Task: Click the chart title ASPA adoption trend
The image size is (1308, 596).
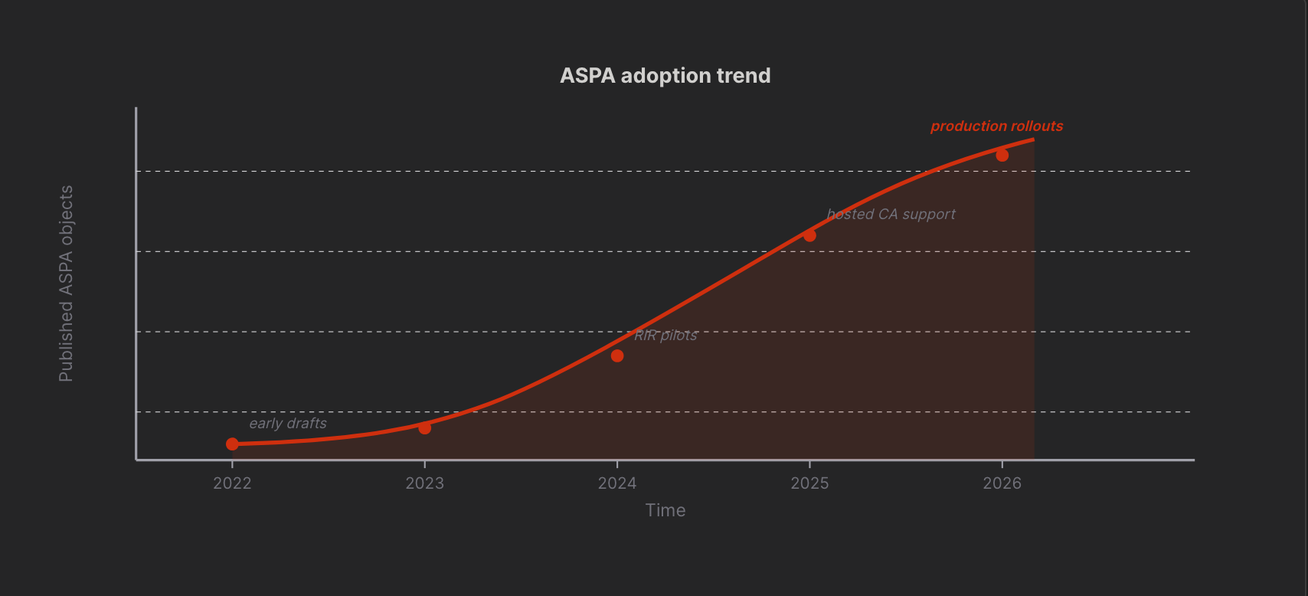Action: (665, 76)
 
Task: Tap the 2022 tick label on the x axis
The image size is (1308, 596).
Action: (232, 483)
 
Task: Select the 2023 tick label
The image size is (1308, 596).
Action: (424, 483)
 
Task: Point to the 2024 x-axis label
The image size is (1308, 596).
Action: (617, 483)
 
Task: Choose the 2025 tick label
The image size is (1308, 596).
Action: (809, 483)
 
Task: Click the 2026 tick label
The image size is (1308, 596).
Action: (1002, 483)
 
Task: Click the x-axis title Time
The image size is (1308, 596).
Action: (665, 511)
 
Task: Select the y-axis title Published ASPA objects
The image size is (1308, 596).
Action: (67, 283)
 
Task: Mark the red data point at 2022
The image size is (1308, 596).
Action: (232, 444)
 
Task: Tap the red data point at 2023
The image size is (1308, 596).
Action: (424, 428)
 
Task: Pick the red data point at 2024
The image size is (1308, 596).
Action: (617, 356)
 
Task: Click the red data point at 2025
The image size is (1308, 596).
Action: (809, 235)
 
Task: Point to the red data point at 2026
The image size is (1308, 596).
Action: (1002, 156)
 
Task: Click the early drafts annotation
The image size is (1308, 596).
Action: (288, 423)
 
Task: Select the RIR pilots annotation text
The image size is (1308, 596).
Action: (665, 336)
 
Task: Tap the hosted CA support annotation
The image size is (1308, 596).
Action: (891, 214)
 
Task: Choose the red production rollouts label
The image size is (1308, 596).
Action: (997, 126)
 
